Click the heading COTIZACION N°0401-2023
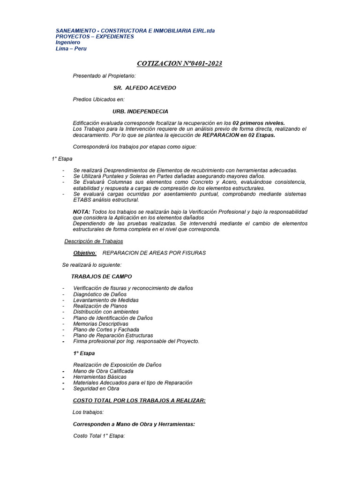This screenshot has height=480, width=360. [180, 63]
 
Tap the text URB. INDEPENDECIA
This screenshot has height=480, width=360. [140, 112]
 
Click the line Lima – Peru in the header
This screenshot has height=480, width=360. [71, 48]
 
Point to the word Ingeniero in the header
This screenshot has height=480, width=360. [67, 42]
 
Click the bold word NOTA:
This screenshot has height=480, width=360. [82, 212]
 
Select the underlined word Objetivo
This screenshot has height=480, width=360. [84, 253]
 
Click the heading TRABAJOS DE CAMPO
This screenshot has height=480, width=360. [101, 277]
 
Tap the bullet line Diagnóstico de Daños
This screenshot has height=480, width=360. [100, 294]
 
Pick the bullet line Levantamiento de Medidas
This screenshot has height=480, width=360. [106, 300]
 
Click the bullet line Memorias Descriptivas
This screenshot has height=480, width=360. [100, 324]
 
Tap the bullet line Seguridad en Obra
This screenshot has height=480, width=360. [96, 389]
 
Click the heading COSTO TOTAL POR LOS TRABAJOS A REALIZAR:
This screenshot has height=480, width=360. [139, 400]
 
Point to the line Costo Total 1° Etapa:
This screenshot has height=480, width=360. [99, 436]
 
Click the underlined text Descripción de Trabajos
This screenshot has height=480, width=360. [94, 241]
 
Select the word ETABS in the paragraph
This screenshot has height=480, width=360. [82, 200]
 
